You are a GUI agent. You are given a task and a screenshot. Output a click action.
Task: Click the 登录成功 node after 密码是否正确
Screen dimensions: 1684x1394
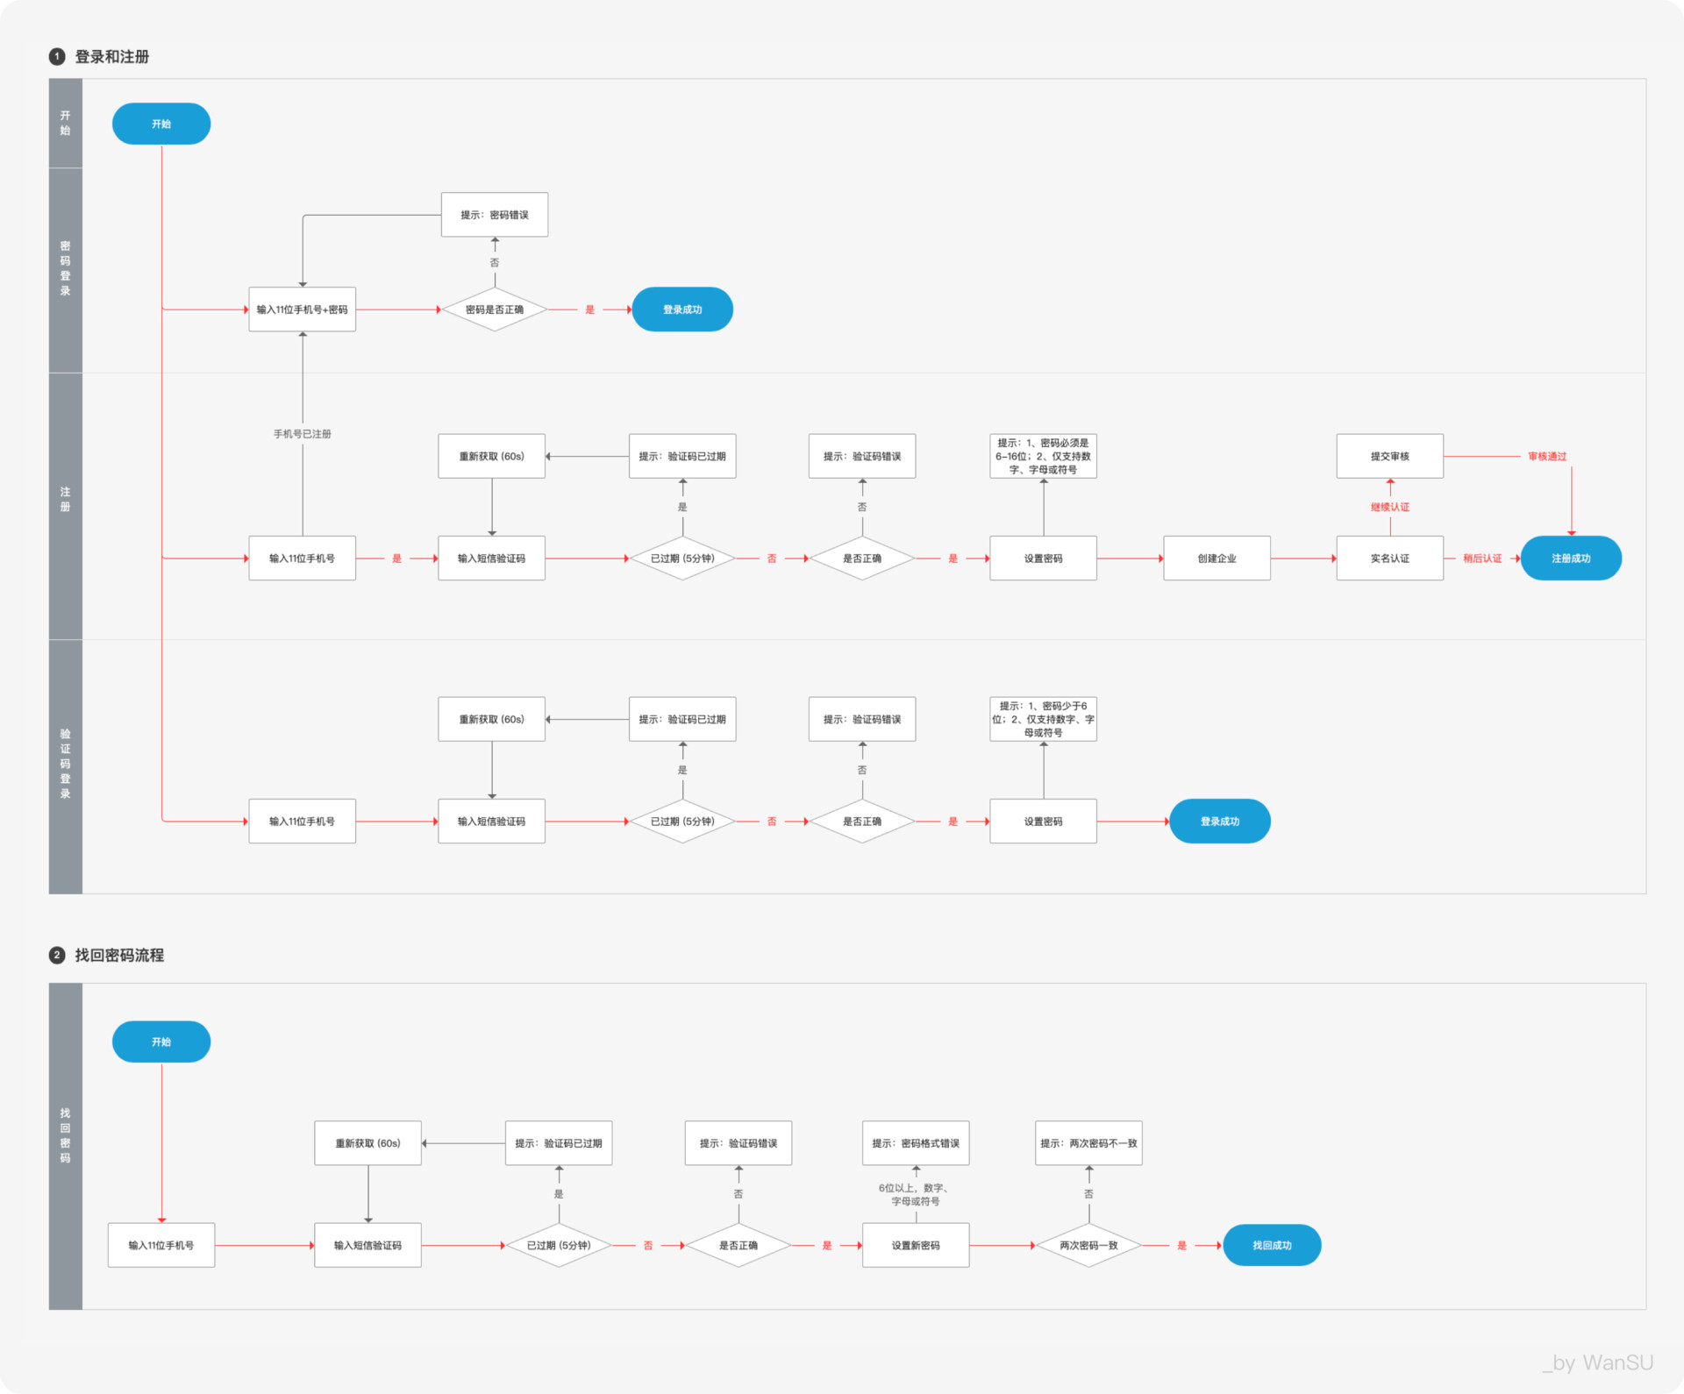(682, 309)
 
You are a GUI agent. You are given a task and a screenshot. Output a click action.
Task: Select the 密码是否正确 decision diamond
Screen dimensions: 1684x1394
(495, 309)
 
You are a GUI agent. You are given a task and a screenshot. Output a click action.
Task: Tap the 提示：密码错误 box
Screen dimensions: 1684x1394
(495, 215)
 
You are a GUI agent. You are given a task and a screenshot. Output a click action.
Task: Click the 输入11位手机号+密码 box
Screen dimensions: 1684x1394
(303, 309)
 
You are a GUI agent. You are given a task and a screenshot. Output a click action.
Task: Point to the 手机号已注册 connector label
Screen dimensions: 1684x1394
(303, 434)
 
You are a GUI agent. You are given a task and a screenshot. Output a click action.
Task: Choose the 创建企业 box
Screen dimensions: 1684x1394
(1217, 558)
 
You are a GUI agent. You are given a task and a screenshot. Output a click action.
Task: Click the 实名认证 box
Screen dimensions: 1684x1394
(1390, 558)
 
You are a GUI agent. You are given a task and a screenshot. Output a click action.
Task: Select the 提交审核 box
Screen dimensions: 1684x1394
(1390, 456)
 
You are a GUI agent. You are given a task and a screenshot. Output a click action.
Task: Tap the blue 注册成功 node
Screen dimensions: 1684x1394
(1571, 558)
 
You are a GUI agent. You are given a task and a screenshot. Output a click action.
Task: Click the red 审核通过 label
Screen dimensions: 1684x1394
(1547, 457)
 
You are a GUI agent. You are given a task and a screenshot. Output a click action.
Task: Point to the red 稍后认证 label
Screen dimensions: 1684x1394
(1482, 558)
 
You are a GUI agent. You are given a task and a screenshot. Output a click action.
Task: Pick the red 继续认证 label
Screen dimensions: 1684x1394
(1390, 508)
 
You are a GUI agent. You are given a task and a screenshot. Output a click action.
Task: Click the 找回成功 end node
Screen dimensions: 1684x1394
(1272, 1245)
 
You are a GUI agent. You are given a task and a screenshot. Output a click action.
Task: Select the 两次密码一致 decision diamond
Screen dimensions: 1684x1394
(1088, 1245)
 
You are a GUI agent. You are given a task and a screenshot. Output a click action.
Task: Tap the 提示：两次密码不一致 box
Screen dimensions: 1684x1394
(1088, 1143)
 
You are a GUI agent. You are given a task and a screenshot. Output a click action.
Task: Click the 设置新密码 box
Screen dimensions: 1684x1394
(916, 1245)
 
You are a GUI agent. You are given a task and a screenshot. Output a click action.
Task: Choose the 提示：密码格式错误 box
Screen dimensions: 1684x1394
(916, 1143)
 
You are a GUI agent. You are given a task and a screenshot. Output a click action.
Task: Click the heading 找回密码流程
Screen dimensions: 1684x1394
(119, 955)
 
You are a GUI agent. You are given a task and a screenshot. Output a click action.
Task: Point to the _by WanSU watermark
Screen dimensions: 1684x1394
(1598, 1362)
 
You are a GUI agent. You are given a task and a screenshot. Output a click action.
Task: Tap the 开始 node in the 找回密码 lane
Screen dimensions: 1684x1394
(161, 1042)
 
